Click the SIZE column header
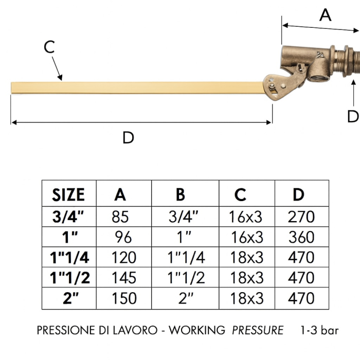tap(68, 195)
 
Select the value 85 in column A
tap(120, 217)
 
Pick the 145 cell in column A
tap(123, 278)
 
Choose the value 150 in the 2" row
tap(123, 298)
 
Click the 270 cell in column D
tap(301, 217)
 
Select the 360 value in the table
tap(301, 237)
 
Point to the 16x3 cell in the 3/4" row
tap(246, 217)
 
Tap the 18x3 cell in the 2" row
tap(246, 298)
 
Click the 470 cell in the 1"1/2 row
tap(301, 278)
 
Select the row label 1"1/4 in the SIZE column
tap(69, 257)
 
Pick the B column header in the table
tap(180, 195)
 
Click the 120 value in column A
tap(123, 257)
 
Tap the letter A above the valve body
tap(326, 15)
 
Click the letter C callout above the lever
tap(49, 47)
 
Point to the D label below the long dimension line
tap(128, 138)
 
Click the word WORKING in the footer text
tap(197, 330)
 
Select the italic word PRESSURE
tap(258, 330)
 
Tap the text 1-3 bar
tap(319, 330)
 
